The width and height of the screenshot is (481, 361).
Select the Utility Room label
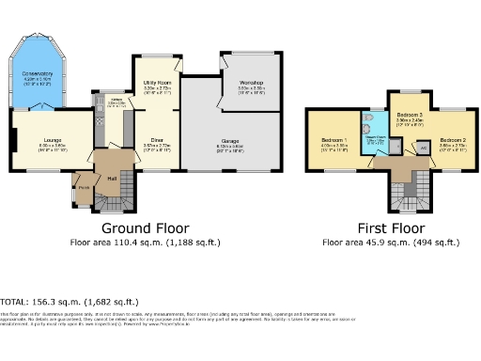tap(157, 84)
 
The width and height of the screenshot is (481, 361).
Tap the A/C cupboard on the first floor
tap(422, 148)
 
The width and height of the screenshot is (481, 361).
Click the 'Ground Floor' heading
tap(145, 228)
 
